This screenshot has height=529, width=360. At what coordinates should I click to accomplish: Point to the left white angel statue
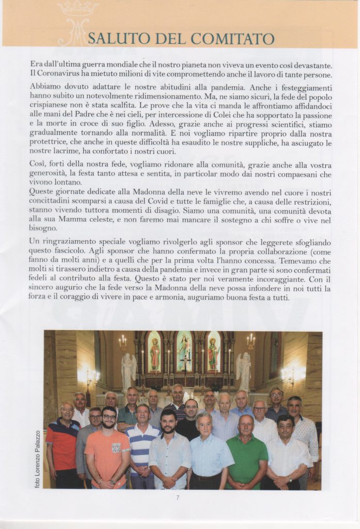pyautogui.click(x=128, y=369)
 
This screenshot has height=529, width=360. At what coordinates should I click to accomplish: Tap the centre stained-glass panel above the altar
pyautogui.click(x=184, y=352)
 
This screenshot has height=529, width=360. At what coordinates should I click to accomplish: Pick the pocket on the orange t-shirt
pyautogui.click(x=117, y=447)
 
